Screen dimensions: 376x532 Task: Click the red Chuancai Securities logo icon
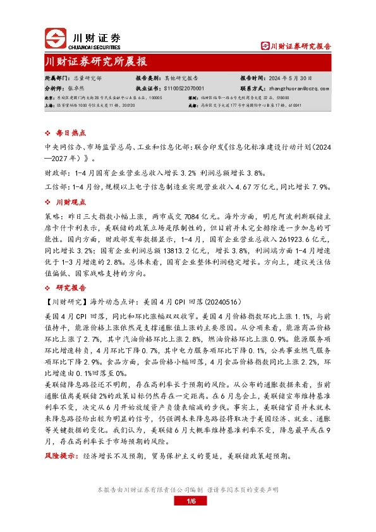[x=55, y=38]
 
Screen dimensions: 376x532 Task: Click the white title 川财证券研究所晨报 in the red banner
[x=96, y=62]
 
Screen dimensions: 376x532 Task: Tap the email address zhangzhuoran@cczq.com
[x=294, y=89]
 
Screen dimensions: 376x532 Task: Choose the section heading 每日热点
[x=71, y=134]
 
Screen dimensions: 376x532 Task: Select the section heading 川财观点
[x=71, y=202]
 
